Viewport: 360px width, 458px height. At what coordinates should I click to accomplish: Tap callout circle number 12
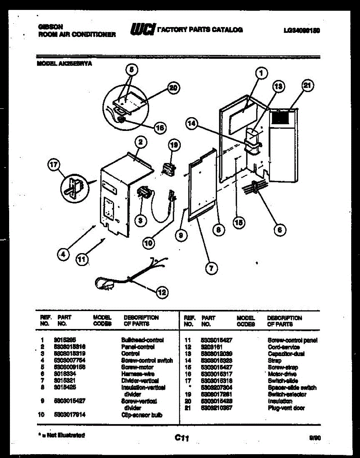pos(162,292)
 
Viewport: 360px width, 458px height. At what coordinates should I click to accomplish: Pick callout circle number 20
pos(173,88)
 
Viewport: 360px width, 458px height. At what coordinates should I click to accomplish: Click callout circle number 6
pos(280,229)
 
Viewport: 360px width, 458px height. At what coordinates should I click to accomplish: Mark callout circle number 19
pos(174,145)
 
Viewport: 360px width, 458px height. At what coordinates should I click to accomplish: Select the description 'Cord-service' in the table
pos(284,347)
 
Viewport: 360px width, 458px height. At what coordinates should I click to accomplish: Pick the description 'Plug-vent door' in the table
pos(286,408)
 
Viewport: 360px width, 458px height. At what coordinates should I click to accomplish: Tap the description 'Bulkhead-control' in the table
pos(142,340)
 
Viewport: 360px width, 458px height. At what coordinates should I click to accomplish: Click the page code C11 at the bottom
pos(182,439)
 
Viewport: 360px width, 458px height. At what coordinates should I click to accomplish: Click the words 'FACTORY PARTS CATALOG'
pos(200,30)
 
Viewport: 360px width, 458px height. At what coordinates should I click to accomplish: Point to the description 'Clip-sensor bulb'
pos(141,415)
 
